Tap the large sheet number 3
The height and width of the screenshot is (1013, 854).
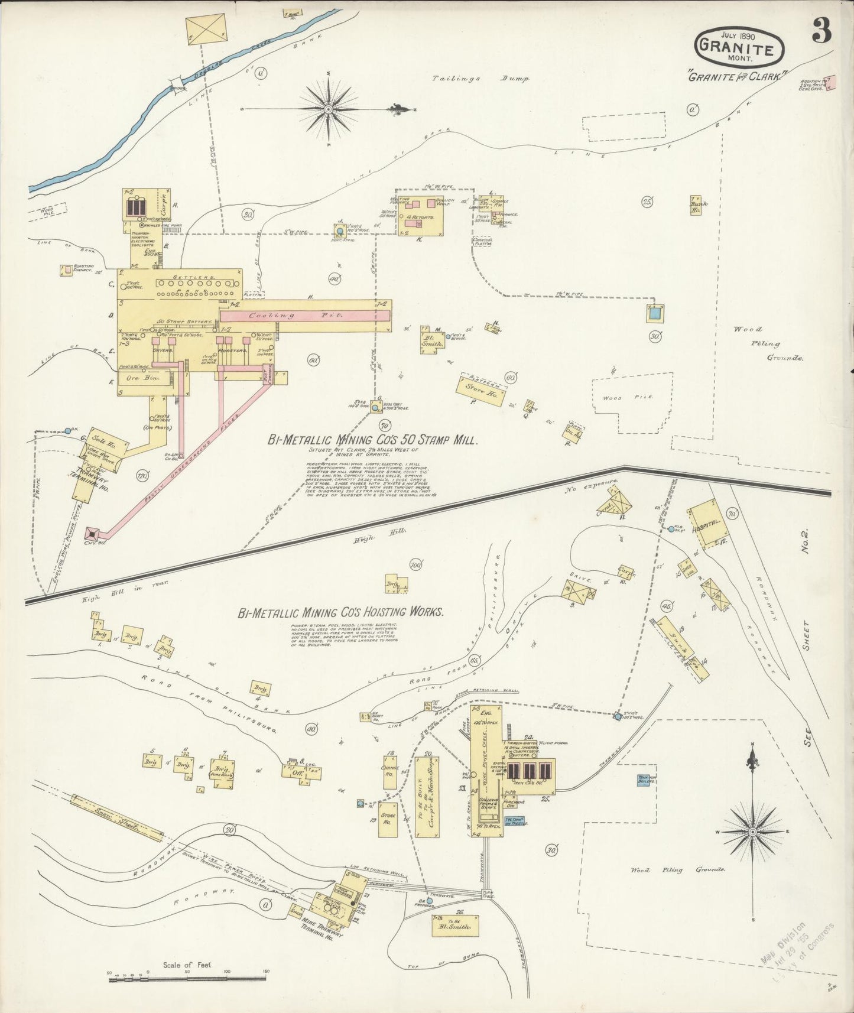point(821,31)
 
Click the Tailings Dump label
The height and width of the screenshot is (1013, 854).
point(480,78)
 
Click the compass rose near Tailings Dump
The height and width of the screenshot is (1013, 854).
point(329,108)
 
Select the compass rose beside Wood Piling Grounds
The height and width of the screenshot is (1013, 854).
point(752,831)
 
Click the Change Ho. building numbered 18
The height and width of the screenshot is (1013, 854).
point(390,771)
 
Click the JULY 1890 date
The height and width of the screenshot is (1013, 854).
point(738,35)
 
